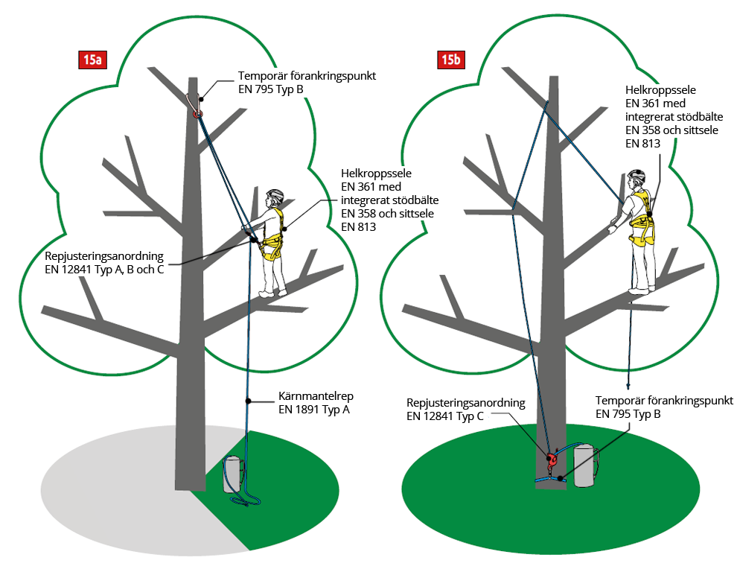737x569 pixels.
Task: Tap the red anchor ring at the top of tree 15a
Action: (197, 114)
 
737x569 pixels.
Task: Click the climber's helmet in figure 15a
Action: (275, 195)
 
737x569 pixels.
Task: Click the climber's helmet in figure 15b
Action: (635, 177)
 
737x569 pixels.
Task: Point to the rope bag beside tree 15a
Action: (234, 474)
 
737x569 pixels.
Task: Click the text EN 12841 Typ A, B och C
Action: (104, 269)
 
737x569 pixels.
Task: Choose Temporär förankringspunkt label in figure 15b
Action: (660, 399)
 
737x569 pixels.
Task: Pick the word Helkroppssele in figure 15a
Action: (377, 174)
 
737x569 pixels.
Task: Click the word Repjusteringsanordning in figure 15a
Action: (104, 255)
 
